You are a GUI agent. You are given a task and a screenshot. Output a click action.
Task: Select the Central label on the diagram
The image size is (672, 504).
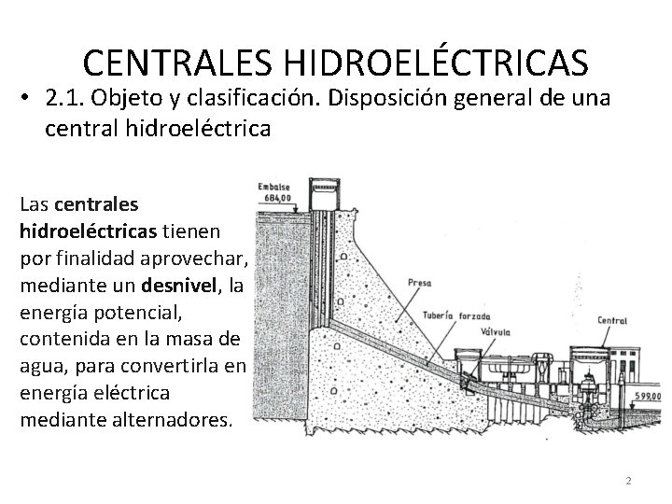[612, 320]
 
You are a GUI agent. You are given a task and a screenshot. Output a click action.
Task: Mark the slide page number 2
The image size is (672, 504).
[628, 481]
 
